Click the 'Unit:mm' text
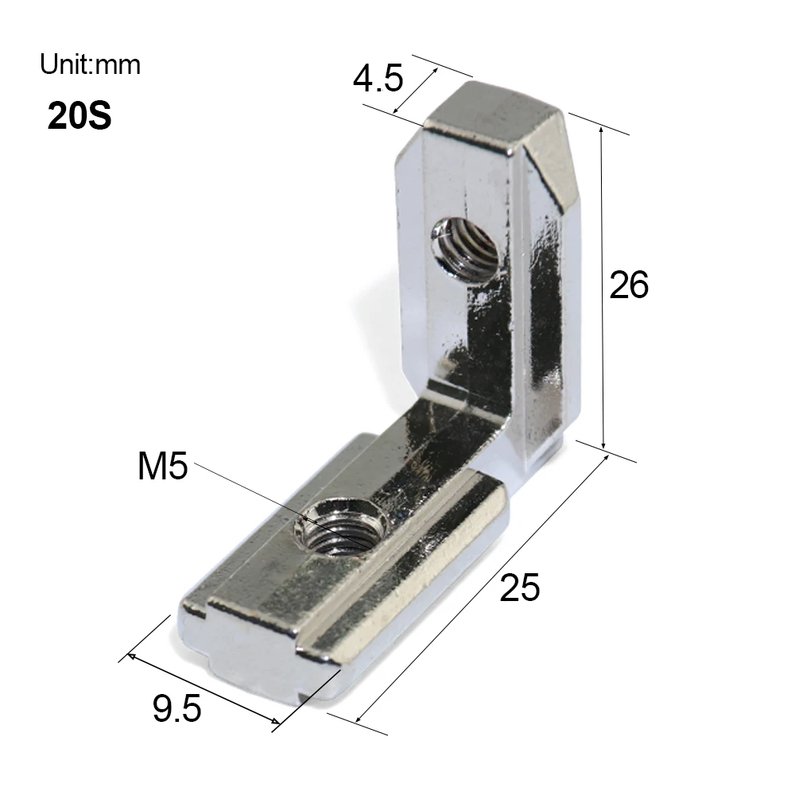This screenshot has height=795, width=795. [x=91, y=65]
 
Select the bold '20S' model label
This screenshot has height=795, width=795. [x=79, y=116]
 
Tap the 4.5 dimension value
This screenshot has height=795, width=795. [x=378, y=79]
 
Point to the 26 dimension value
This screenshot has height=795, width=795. [x=629, y=285]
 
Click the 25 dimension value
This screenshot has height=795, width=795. [x=520, y=588]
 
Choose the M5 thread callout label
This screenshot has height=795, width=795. [x=163, y=466]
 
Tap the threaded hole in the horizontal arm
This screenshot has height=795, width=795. [x=340, y=526]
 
